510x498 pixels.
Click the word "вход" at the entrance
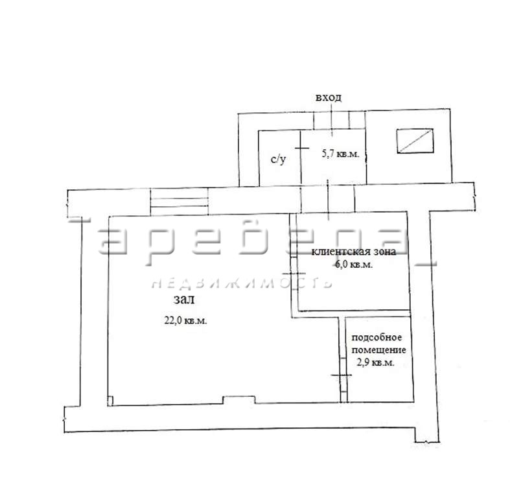(x=329, y=97)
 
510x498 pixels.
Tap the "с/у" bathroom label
(x=279, y=159)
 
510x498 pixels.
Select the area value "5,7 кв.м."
(x=341, y=154)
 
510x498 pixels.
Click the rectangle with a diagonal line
(x=415, y=141)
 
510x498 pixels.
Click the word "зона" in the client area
(x=385, y=252)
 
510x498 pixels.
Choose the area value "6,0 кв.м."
(x=354, y=265)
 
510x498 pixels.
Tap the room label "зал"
(x=184, y=300)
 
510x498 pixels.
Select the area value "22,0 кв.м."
(x=186, y=320)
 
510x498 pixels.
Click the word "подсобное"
(x=377, y=338)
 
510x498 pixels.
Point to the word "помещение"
(x=379, y=350)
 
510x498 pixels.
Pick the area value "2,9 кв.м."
(x=376, y=362)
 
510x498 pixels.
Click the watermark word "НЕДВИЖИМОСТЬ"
(x=242, y=283)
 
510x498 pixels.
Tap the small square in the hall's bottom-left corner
(x=110, y=401)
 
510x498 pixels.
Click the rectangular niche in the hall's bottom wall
(x=238, y=399)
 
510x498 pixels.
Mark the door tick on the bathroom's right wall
(x=302, y=148)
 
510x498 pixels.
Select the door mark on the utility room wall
(x=342, y=375)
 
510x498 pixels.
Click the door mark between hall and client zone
(x=294, y=274)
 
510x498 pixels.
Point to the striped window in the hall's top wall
(x=180, y=202)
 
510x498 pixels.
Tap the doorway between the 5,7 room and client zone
(x=327, y=199)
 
